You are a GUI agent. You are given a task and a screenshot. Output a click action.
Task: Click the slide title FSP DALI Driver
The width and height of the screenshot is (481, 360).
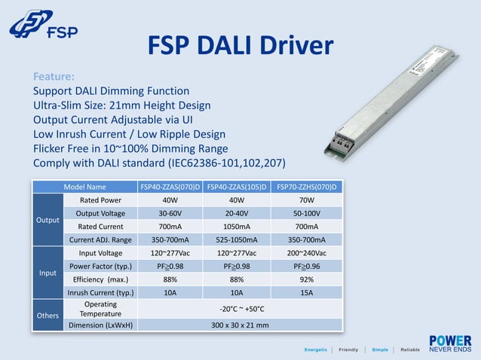point(240,45)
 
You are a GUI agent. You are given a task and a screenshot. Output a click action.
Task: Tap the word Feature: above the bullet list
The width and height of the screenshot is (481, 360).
point(54,77)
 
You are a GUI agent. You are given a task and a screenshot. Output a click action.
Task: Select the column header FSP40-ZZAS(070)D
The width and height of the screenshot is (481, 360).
point(170,187)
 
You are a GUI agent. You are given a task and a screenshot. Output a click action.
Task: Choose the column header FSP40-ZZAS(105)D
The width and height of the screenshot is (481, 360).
point(237,187)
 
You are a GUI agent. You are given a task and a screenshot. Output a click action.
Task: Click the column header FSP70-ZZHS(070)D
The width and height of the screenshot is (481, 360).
point(307,187)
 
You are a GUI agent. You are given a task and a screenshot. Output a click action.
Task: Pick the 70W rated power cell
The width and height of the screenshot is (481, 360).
point(307,200)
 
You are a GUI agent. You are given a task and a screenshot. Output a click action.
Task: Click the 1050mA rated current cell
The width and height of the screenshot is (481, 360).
point(237,227)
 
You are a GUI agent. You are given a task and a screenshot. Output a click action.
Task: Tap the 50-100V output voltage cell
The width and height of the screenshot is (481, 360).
point(307,213)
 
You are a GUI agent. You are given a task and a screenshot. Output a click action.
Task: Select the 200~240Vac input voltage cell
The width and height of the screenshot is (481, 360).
point(307,253)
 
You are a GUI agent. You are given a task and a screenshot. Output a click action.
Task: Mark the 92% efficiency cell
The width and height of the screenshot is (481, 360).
point(307,279)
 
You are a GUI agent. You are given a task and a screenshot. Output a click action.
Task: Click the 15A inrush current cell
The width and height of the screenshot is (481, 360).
point(307,292)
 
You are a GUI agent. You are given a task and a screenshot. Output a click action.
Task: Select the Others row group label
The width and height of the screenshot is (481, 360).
point(48,316)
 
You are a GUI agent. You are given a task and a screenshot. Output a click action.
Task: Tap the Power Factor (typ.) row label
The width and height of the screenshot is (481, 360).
point(100,266)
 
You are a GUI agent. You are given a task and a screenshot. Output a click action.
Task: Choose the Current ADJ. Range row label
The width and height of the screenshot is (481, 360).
point(100,239)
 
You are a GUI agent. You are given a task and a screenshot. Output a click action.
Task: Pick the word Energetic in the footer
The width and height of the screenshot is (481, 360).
point(315,350)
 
